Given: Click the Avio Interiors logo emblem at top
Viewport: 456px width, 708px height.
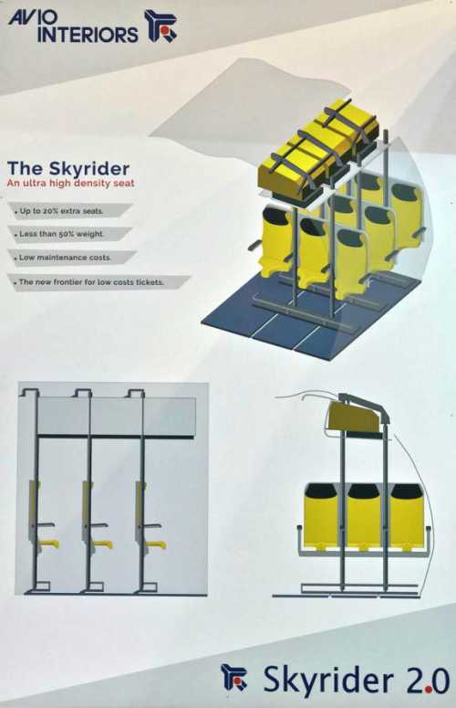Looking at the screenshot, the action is [160, 26].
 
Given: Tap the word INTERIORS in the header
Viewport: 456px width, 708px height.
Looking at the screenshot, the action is [88, 35].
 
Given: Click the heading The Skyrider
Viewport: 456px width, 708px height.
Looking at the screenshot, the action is [68, 168].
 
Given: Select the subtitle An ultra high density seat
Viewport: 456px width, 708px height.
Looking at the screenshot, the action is [71, 184].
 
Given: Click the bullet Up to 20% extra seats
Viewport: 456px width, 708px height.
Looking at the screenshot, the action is [61, 211].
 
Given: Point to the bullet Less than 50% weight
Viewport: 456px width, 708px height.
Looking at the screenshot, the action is [61, 234].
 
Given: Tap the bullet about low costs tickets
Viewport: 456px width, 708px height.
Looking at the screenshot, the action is [91, 282].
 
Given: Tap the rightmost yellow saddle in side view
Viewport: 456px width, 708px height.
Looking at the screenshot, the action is [156, 545].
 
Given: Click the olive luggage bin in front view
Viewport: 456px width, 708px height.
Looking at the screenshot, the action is [352, 417].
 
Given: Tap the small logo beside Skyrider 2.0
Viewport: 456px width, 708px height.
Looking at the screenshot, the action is [233, 677].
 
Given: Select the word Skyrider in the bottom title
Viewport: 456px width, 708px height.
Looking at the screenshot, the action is [328, 681].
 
